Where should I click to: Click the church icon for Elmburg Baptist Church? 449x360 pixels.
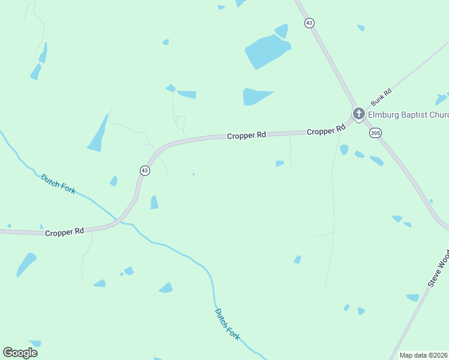(x=358, y=113)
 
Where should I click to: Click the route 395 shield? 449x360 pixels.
(x=375, y=133)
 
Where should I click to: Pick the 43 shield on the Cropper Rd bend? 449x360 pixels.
(x=145, y=170)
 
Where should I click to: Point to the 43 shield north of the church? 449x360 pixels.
(x=309, y=23)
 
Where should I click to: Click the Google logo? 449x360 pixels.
(x=20, y=352)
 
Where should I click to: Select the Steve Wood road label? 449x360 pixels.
(x=438, y=268)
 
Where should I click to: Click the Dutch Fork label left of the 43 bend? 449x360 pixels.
(x=58, y=184)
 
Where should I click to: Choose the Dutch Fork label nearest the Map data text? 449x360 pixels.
(x=228, y=324)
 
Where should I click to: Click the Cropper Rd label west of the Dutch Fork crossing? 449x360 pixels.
(x=64, y=232)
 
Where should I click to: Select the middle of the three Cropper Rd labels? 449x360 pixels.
(x=246, y=136)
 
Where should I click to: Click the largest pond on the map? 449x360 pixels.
(x=267, y=50)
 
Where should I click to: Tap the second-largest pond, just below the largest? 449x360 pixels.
(x=256, y=96)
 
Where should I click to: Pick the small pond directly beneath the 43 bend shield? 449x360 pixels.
(x=154, y=203)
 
